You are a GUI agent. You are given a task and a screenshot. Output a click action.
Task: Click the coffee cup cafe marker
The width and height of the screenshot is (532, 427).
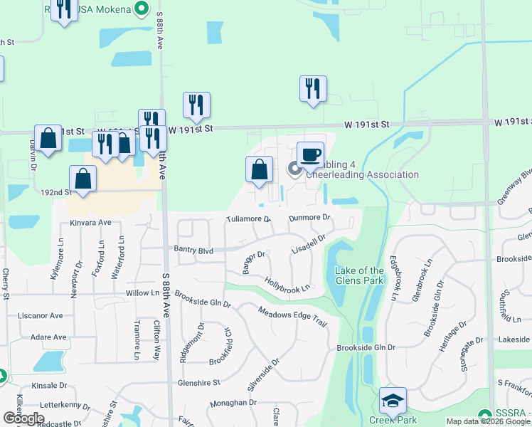[310, 154]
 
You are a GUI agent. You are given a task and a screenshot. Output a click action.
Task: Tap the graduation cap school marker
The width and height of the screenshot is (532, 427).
[393, 401]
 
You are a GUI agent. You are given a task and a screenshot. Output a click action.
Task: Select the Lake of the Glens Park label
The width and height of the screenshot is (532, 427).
[359, 275]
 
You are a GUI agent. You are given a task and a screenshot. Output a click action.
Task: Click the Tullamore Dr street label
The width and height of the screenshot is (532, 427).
[248, 219]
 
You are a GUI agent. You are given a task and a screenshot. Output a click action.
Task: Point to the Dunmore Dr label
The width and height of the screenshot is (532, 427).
[310, 218]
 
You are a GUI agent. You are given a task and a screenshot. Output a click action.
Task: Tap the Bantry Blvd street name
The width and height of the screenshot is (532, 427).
[193, 250]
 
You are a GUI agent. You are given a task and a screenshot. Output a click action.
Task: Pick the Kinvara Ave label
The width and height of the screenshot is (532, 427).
[91, 223]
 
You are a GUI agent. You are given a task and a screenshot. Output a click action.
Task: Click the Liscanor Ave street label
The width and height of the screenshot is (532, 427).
[41, 315]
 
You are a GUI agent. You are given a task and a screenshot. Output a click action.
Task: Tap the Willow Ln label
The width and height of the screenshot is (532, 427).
[142, 292]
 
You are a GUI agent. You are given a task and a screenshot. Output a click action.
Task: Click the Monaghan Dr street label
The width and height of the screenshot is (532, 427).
[233, 403]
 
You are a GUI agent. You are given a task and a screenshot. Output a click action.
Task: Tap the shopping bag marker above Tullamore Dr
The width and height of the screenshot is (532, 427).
[259, 170]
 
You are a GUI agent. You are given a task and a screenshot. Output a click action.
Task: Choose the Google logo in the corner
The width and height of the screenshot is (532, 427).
[23, 418]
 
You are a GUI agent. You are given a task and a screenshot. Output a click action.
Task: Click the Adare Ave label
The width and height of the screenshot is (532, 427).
[49, 337]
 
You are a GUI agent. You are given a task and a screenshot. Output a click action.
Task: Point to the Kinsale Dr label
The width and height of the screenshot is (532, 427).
[49, 385]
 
